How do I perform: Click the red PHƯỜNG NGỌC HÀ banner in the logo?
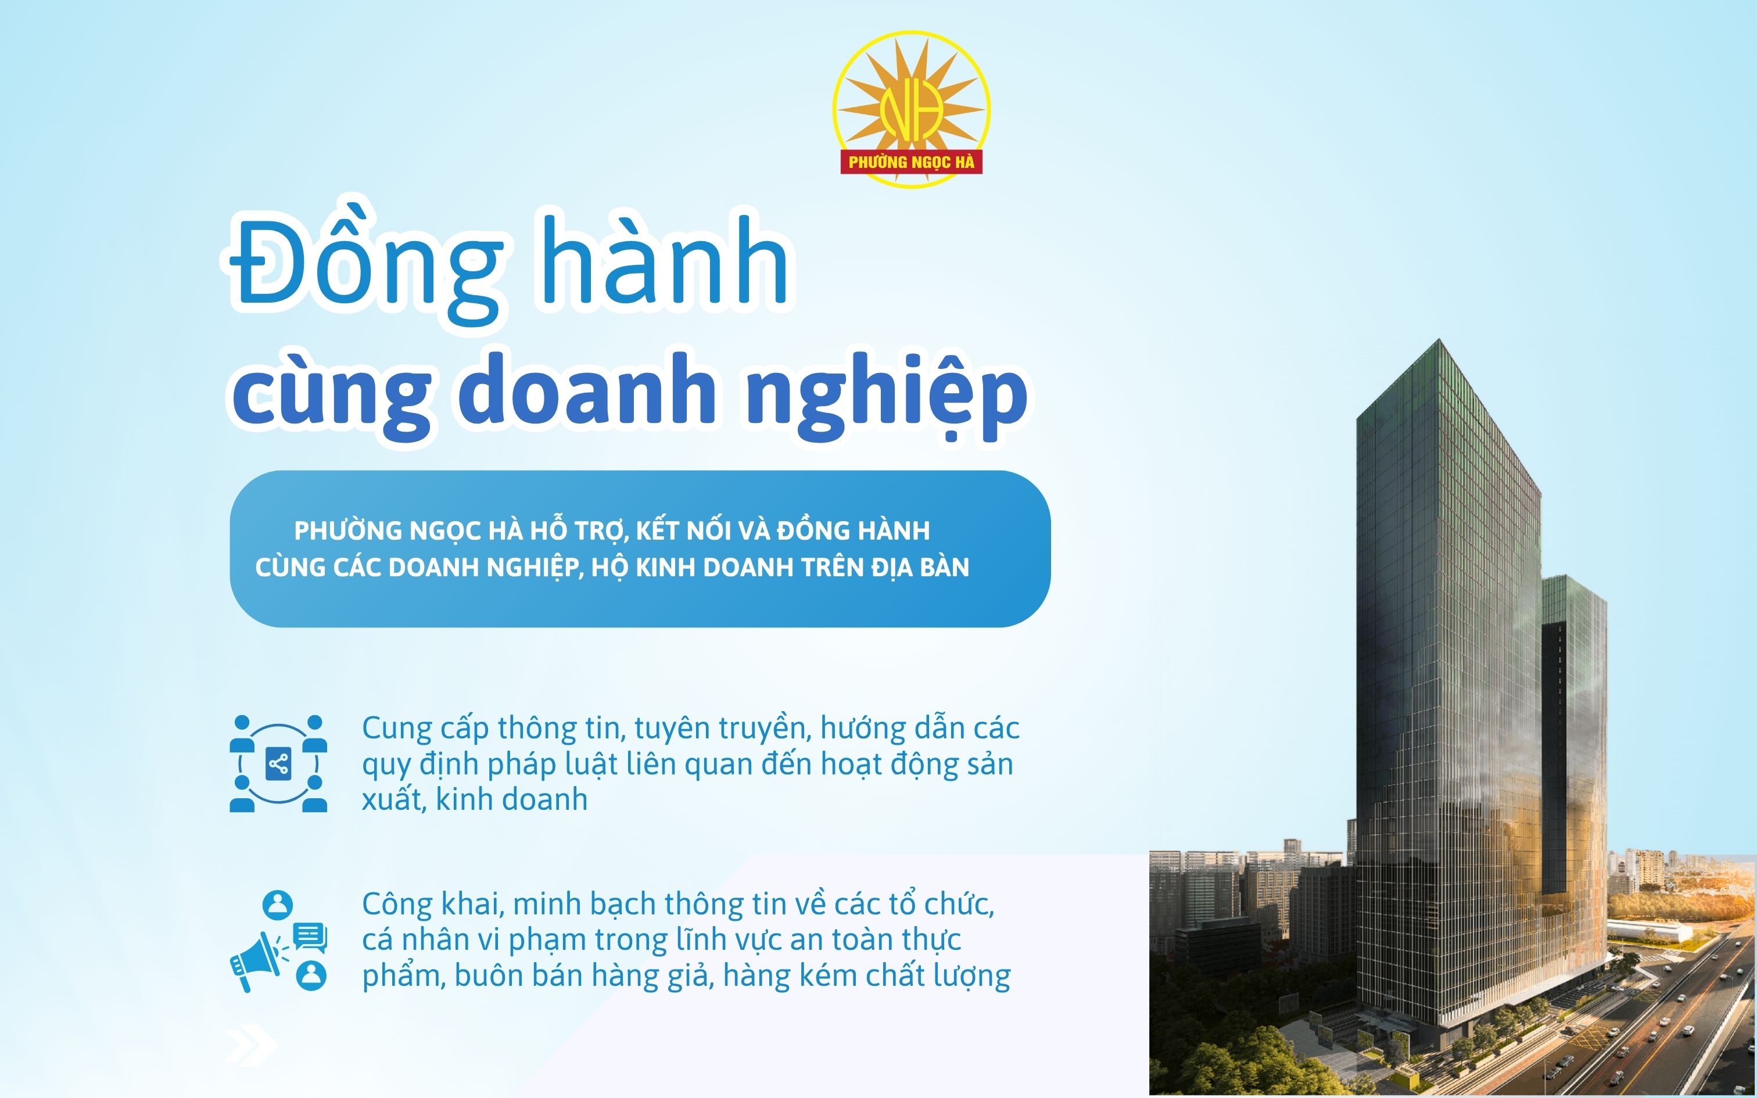point(911,162)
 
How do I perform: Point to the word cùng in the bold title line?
point(331,396)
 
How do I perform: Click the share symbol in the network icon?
point(278,764)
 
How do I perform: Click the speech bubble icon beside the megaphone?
point(310,936)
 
